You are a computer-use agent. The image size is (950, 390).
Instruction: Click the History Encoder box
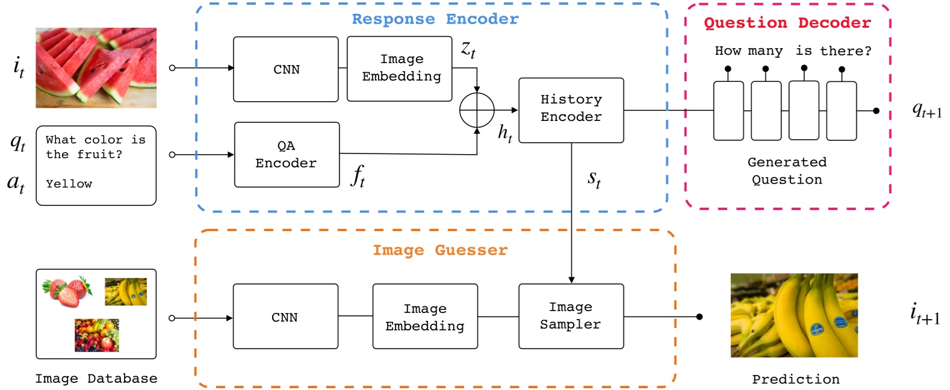point(571,110)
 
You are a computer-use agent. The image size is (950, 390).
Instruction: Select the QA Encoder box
point(287,155)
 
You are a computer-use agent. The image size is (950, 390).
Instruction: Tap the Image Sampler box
point(571,316)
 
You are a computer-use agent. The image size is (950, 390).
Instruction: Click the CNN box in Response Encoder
point(286,69)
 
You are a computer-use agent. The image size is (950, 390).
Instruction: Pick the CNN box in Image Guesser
point(285,317)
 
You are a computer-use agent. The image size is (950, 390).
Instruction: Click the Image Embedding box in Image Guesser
point(425,317)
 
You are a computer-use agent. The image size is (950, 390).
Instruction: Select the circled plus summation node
point(477,110)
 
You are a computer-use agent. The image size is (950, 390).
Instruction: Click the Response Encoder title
point(435,19)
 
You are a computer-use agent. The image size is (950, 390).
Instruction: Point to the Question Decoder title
point(787,23)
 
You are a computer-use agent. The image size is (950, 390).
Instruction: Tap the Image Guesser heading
point(440,250)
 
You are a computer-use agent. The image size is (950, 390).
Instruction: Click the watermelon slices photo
point(96,67)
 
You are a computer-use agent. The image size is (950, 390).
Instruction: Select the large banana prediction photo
point(793,315)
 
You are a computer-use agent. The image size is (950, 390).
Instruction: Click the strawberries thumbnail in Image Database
point(67,291)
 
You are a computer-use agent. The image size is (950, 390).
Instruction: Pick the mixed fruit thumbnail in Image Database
point(96,335)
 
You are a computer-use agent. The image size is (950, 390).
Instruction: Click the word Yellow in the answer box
point(69,184)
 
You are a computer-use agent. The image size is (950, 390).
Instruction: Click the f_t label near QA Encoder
point(358,176)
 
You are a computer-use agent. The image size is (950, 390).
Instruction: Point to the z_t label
point(468,49)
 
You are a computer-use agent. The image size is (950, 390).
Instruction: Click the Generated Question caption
point(787,171)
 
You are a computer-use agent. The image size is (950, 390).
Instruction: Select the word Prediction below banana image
point(795,379)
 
